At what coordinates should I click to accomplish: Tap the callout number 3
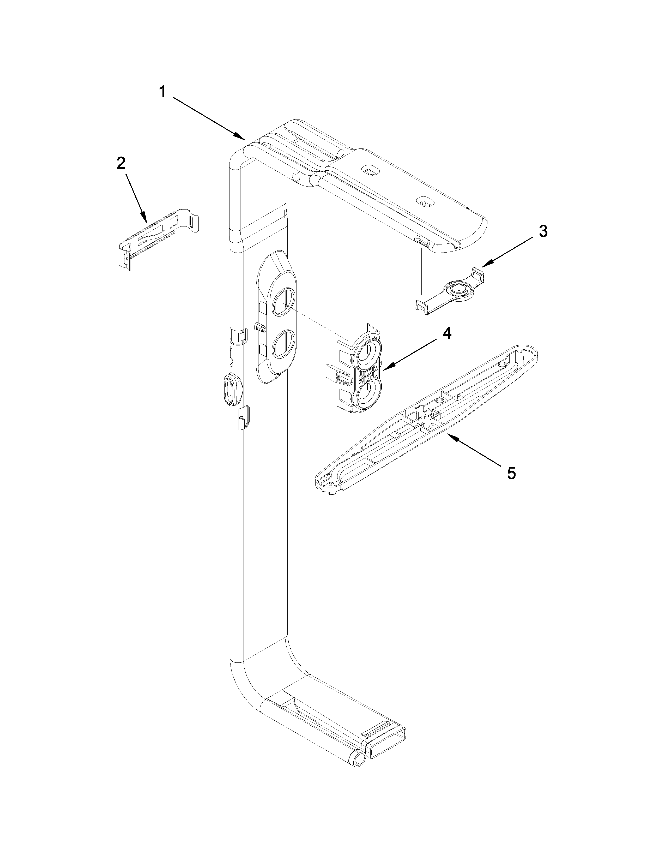tap(543, 231)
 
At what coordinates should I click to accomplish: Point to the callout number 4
tap(446, 333)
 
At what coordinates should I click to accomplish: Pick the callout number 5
tap(511, 473)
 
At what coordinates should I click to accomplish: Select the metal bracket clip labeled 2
tap(158, 238)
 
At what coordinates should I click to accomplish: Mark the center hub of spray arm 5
tap(426, 416)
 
